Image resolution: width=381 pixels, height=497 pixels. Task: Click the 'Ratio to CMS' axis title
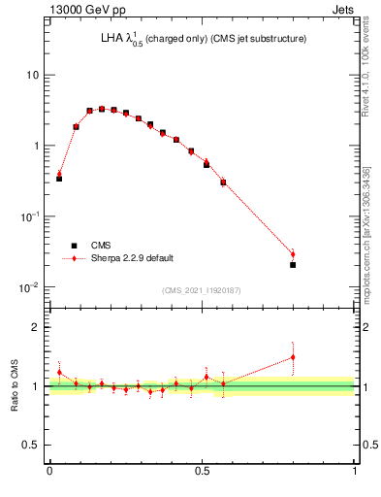tap(16, 386)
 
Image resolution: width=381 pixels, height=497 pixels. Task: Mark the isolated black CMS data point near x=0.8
tap(293, 264)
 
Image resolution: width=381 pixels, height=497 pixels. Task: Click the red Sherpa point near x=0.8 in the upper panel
tap(293, 254)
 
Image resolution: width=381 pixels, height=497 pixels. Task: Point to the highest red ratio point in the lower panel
tap(293, 357)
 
